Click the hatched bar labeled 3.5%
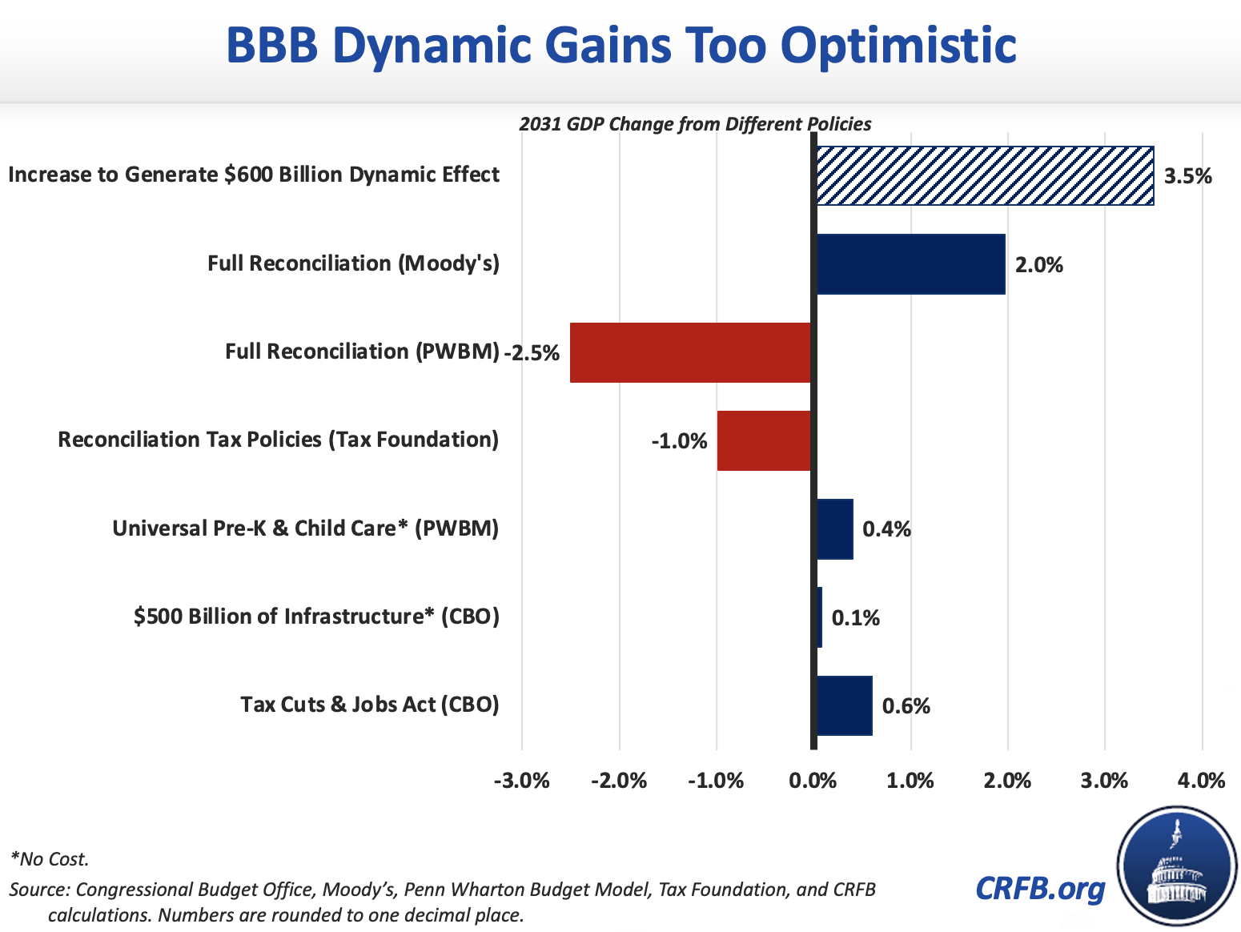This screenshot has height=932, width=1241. pos(985,176)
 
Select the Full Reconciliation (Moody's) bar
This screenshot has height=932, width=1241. pos(910,264)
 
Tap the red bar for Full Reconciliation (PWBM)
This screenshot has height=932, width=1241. pos(690,352)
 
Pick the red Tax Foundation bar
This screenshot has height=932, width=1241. pos(764,440)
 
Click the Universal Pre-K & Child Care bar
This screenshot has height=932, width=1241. pos(835,528)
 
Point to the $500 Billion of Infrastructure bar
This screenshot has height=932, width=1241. pos(819,617)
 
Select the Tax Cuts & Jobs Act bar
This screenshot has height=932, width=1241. pos(845,705)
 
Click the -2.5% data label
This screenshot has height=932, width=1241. pos(532,353)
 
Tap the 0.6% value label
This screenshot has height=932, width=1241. pos(906,706)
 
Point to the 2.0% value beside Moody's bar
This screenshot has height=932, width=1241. pos(1039,265)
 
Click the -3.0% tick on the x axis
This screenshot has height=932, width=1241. pos(522,781)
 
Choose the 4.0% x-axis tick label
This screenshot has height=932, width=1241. pos(1202,781)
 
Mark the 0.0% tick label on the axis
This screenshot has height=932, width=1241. pos(813,781)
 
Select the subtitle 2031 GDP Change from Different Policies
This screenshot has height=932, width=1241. pos(695,124)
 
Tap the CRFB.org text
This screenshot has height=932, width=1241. pos(1040,888)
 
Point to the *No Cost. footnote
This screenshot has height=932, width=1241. pos(50,859)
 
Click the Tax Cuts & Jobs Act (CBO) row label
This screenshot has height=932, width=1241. pos(370,705)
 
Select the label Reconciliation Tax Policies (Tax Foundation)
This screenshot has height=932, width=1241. pos(279,440)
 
